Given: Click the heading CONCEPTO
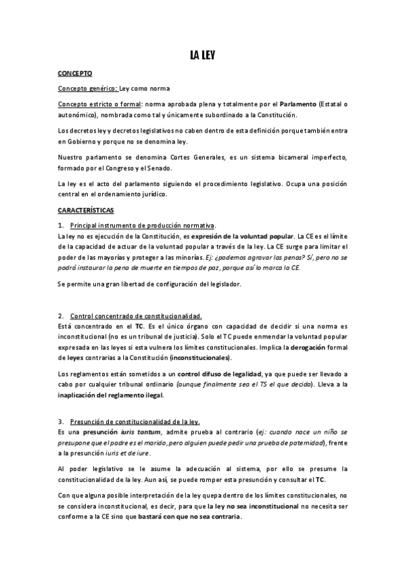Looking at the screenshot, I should point(75,72).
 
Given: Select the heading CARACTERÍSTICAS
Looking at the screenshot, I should point(86,211).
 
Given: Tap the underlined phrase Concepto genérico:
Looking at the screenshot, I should point(88,89).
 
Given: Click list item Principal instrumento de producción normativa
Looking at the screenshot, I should point(143,225).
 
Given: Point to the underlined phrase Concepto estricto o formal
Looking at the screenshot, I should point(99,105).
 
